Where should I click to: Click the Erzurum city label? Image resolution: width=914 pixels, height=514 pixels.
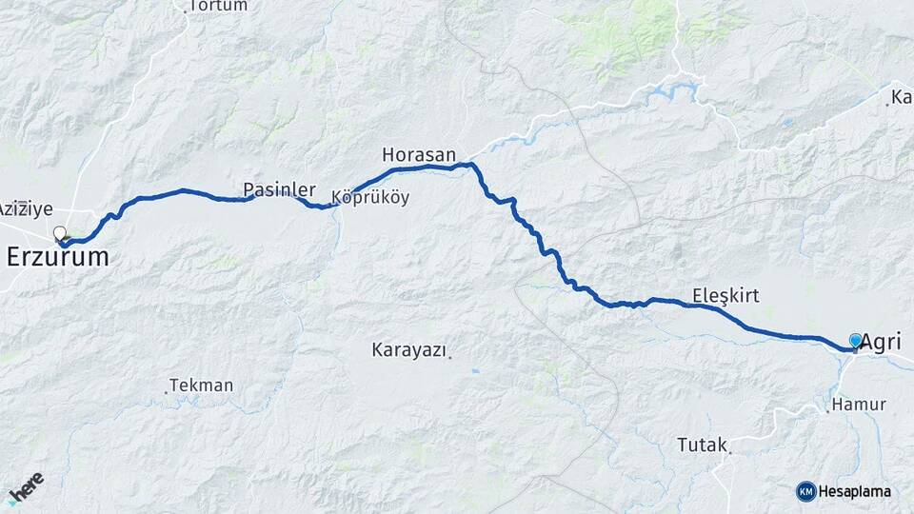[57, 257]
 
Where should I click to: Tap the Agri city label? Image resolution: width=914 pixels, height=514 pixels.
[882, 343]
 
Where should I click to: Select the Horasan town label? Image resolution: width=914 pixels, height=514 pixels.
[419, 153]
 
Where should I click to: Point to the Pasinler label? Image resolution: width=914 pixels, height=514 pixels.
[279, 189]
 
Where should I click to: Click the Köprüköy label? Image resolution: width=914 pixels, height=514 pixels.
[370, 198]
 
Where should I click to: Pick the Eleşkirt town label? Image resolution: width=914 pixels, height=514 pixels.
[725, 295]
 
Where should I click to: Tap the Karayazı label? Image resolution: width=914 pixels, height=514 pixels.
[408, 350]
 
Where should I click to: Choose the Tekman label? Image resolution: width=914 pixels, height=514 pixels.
[203, 385]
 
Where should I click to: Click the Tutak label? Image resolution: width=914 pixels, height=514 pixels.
[702, 444]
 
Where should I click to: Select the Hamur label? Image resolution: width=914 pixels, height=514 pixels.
[859, 405]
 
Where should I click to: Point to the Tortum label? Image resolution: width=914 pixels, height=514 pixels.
[218, 6]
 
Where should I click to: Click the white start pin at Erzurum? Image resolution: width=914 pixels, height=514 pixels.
[60, 233]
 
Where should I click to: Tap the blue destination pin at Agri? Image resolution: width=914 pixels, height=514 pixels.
[855, 341]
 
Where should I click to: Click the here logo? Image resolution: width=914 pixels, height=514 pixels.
[26, 488]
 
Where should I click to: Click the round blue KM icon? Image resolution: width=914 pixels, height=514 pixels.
[805, 491]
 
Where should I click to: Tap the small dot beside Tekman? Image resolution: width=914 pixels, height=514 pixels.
[167, 391]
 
